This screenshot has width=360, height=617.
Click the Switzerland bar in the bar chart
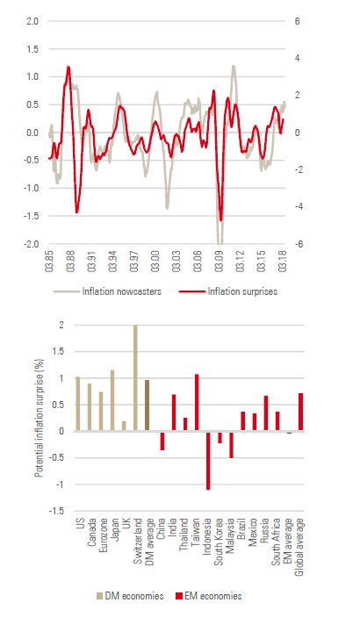(x=135, y=377)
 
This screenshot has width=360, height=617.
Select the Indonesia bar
(x=208, y=461)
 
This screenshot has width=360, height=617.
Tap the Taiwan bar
(x=197, y=403)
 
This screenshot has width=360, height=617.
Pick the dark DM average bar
(x=148, y=405)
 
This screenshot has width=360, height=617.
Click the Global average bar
(x=300, y=412)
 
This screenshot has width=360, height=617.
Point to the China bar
(x=162, y=441)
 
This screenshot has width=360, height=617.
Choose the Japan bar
(x=112, y=400)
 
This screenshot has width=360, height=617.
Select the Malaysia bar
(x=232, y=445)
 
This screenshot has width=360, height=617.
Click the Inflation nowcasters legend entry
(x=107, y=291)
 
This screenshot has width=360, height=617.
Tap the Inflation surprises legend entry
(x=228, y=291)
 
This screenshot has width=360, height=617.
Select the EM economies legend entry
(x=208, y=596)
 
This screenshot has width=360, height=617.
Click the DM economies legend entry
(x=130, y=596)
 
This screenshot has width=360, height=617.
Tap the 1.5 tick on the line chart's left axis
(x=32, y=49)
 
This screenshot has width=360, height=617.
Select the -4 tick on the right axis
(x=298, y=207)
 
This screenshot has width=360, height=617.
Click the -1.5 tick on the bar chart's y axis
(x=56, y=511)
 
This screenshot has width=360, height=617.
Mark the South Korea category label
(x=219, y=542)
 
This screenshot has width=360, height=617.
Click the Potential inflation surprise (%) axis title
(x=39, y=418)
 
